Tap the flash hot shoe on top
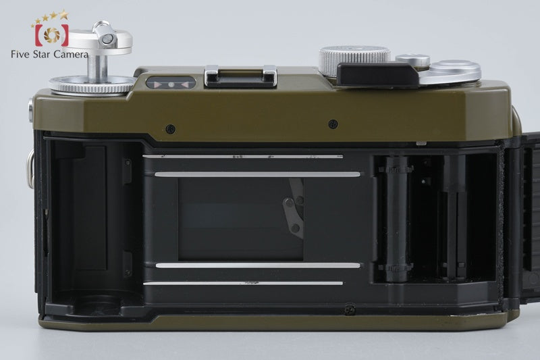(241, 76)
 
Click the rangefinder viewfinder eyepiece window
(171, 84)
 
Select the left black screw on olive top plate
(170, 129)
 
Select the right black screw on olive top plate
(333, 124)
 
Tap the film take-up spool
(396, 219)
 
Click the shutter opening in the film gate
(241, 219)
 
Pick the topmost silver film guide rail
(243, 157)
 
